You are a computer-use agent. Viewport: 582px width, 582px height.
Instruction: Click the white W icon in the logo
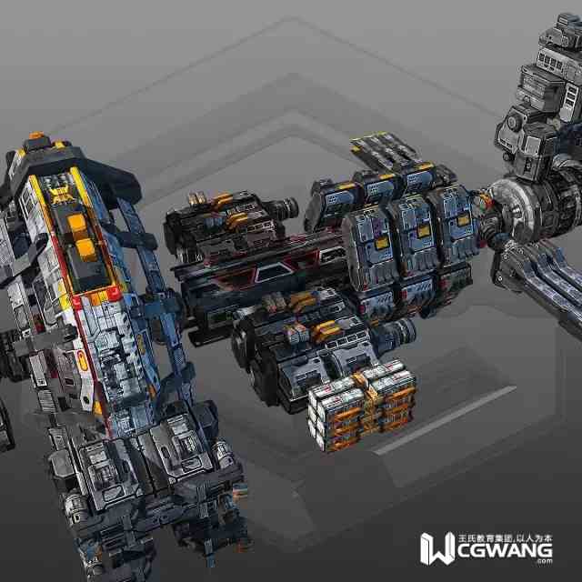437,548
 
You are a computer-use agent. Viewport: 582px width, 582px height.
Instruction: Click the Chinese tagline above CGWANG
506,537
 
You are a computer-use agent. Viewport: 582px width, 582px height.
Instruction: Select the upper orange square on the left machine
76,222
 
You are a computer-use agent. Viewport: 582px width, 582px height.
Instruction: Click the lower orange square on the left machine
85,248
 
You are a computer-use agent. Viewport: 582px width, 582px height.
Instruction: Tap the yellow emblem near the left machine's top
62,196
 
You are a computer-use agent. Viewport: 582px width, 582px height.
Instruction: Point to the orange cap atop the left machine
36,135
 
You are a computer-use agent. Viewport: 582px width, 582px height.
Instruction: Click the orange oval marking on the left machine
82,361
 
